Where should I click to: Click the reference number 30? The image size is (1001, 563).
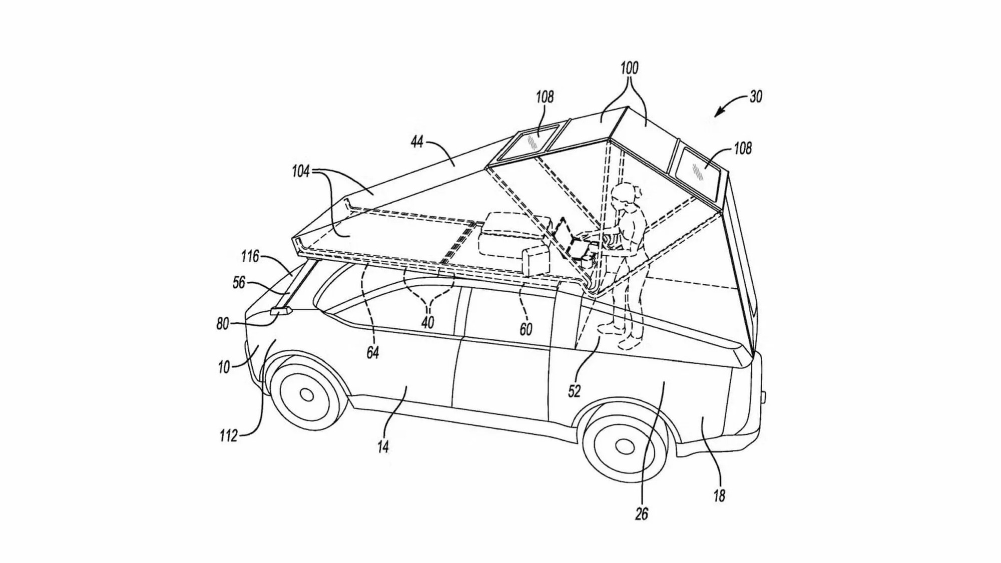[x=756, y=96]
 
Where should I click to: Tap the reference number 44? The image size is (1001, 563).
[x=417, y=142]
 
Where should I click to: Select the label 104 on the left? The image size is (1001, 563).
[x=301, y=172]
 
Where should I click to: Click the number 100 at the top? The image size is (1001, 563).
[x=629, y=68]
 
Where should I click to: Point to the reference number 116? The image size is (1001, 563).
[x=249, y=257]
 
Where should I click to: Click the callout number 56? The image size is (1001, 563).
[x=239, y=283]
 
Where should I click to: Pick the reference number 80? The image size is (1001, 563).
[x=223, y=324]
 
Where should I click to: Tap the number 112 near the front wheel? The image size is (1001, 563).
[x=228, y=436]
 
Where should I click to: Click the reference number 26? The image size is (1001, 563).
[x=642, y=513]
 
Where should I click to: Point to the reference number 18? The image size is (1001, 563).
[x=719, y=496]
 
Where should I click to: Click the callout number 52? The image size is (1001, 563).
[x=574, y=391]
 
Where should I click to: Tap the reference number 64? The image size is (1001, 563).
[x=372, y=353]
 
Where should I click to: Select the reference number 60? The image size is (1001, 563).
[x=526, y=329]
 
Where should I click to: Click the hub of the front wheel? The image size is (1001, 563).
[x=307, y=396]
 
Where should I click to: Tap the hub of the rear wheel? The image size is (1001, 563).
[x=624, y=446]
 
